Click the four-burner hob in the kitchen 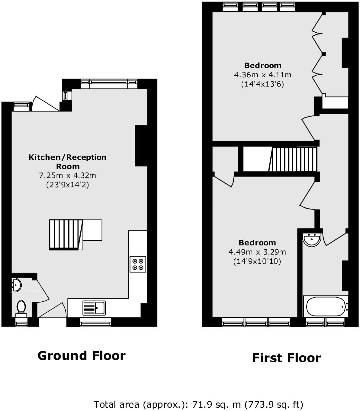pyautogui.click(x=138, y=264)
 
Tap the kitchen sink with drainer pyautogui.click(x=94, y=308)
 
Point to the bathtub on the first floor pyautogui.click(x=326, y=306)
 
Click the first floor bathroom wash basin pyautogui.click(x=312, y=240)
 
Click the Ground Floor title pyautogui.click(x=81, y=356)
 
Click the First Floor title pyautogui.click(x=286, y=358)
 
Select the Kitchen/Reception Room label pyautogui.click(x=67, y=162)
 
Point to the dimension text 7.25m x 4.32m pyautogui.click(x=67, y=175)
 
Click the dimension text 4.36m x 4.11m pyautogui.click(x=262, y=75)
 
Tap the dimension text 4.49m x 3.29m pyautogui.click(x=257, y=252)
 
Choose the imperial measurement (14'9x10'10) pyautogui.click(x=257, y=261)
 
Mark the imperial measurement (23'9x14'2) pyautogui.click(x=67, y=185)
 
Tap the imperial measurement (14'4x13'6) pyautogui.click(x=262, y=84)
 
